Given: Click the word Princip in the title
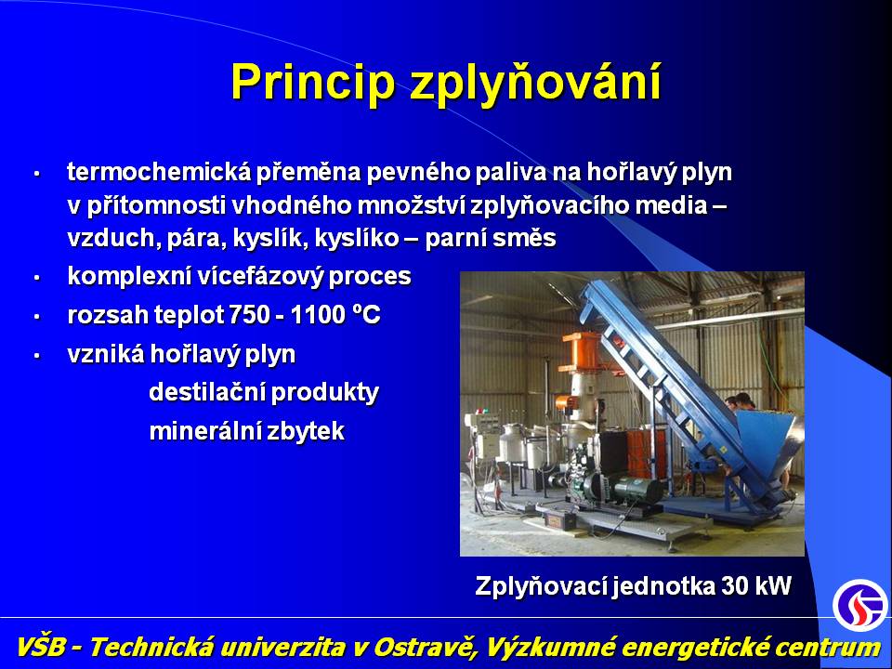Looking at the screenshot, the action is tap(312, 82).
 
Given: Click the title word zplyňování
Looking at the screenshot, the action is tap(536, 83).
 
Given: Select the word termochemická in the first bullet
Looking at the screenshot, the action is tap(159, 171).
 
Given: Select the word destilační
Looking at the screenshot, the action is tap(206, 392).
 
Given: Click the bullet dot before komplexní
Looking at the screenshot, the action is tap(37, 278).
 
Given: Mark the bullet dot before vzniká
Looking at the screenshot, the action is tap(37, 356).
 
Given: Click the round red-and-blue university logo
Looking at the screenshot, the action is tap(860, 605).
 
